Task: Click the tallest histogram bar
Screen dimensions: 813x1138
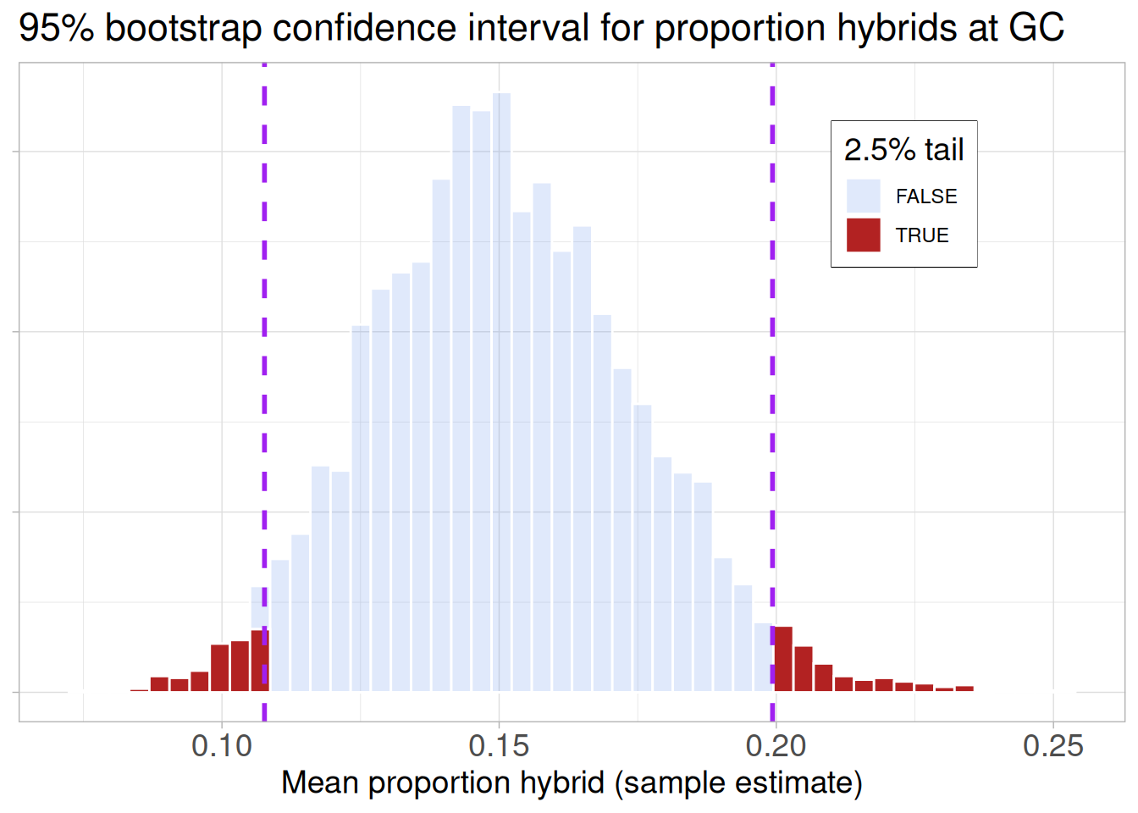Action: coord(501,390)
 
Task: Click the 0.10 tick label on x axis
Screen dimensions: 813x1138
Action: coord(222,746)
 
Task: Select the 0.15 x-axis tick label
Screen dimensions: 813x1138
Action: coord(499,746)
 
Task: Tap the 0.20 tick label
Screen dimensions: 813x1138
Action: coord(776,746)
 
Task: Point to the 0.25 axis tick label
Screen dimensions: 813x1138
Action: coord(1052,746)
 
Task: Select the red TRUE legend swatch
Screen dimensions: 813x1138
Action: coord(863,235)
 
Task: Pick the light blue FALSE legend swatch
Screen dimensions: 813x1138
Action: coord(863,196)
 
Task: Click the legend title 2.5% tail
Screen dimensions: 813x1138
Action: coord(903,150)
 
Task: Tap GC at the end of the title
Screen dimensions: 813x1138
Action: coord(1036,29)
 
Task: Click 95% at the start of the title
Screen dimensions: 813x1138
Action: coord(56,29)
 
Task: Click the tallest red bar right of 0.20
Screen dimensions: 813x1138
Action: coord(783,660)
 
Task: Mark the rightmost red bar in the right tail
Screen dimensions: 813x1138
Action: coord(964,689)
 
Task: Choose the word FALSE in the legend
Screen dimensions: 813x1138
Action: coord(926,196)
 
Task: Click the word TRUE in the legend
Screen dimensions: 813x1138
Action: coord(922,235)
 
